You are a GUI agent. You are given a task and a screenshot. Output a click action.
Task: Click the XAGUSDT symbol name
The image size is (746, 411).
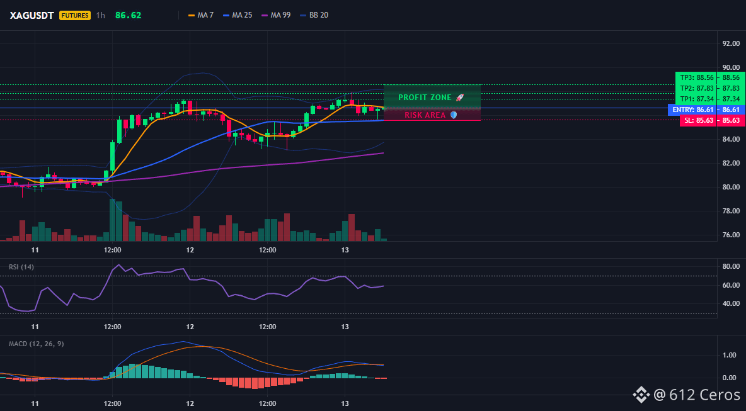tap(33, 15)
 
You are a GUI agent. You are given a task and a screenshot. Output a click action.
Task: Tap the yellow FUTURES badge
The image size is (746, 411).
tap(75, 15)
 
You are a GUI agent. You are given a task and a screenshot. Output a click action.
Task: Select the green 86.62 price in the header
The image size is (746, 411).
tap(128, 15)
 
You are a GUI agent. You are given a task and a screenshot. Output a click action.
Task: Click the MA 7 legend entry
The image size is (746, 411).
tap(201, 15)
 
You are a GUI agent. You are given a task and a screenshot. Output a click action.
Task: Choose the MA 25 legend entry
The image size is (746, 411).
tap(238, 15)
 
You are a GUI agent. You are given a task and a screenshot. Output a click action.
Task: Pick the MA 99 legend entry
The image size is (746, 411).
tap(276, 15)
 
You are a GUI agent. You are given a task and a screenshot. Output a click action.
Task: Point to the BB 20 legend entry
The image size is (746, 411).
tap(314, 15)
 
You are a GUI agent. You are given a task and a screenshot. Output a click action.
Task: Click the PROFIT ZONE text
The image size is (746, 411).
tap(425, 98)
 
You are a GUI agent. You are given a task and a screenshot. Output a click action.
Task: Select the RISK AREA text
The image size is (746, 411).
tap(425, 115)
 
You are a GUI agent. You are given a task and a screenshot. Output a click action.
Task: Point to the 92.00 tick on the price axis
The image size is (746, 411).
tap(731, 43)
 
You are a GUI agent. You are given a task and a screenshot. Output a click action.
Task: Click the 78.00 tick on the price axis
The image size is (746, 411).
tap(731, 211)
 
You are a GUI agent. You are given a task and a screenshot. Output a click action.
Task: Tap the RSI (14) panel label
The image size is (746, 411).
tap(21, 267)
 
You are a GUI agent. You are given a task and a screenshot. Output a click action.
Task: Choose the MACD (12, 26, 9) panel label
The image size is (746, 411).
tap(36, 344)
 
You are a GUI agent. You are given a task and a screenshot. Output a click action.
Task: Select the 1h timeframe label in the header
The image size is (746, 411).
tap(100, 15)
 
